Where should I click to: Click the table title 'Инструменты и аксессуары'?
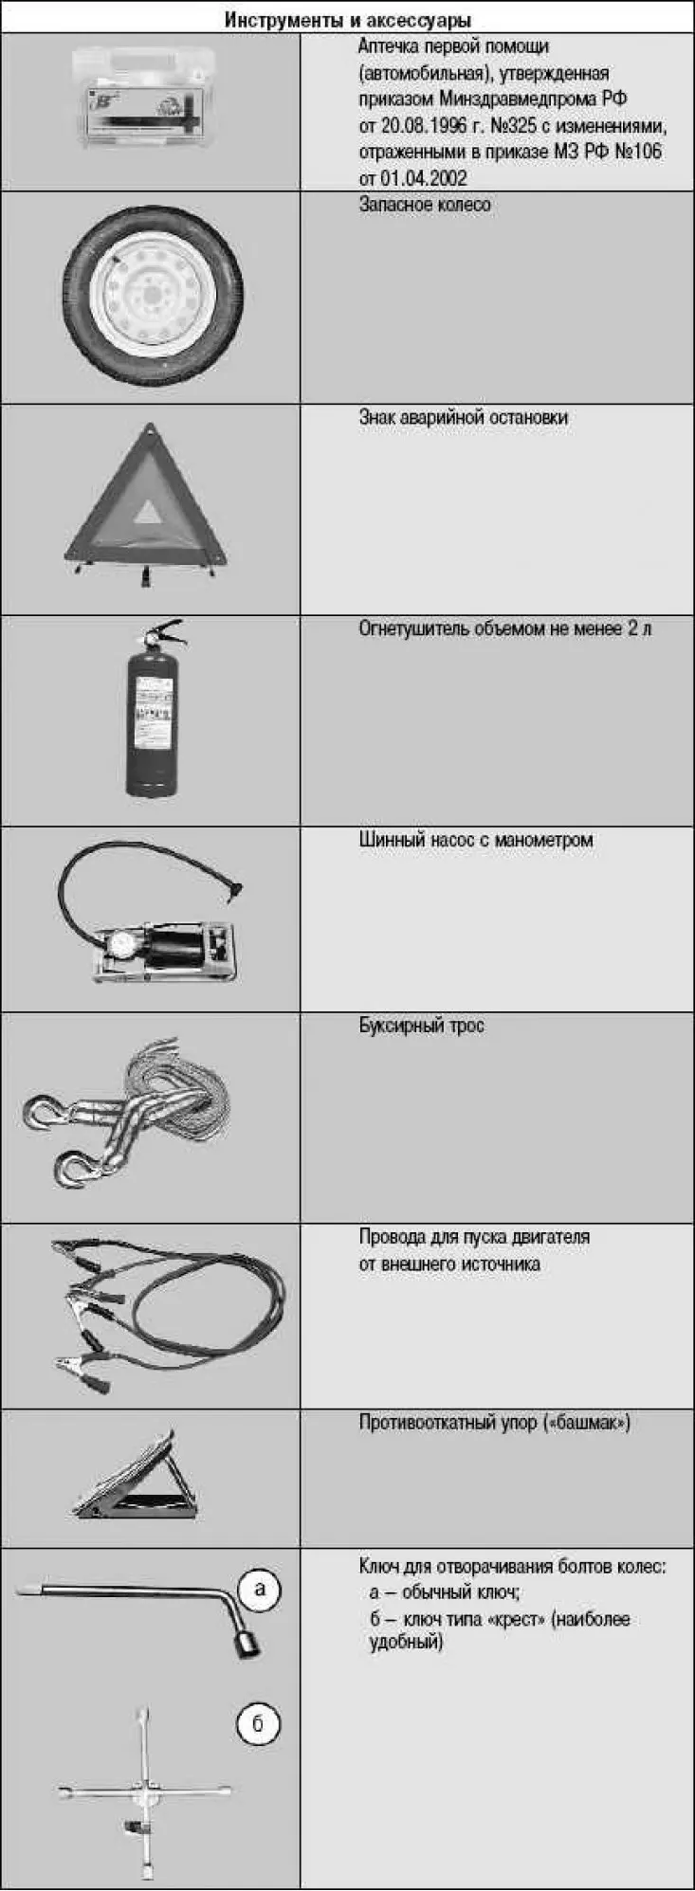tap(347, 19)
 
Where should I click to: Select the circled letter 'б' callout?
tap(257, 1724)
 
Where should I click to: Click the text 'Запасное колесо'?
tap(425, 205)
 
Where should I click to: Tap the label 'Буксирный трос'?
tap(421, 1026)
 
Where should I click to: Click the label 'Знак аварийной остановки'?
tap(463, 418)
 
